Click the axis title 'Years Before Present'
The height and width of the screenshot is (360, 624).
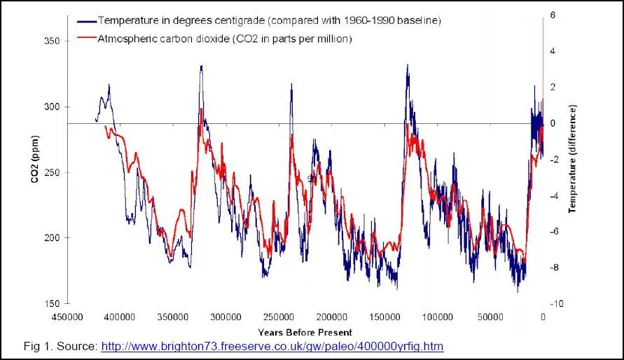point(305,332)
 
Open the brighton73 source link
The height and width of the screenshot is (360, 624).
point(272,346)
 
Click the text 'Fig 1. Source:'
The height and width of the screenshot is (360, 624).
point(60,346)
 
